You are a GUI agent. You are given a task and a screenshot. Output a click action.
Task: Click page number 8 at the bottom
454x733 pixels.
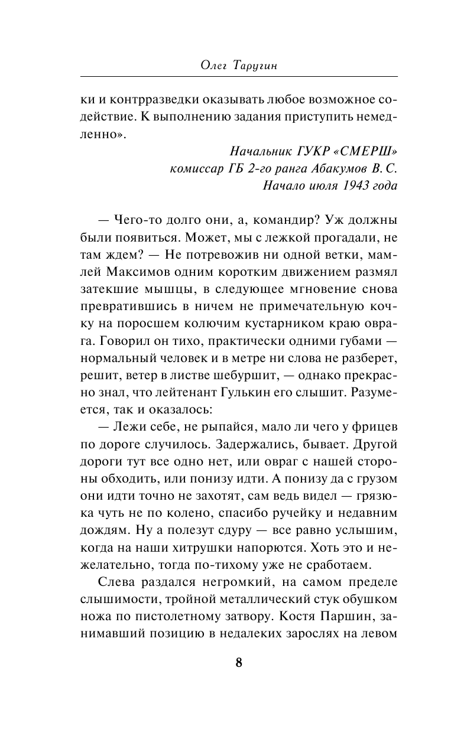pos(239,662)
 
